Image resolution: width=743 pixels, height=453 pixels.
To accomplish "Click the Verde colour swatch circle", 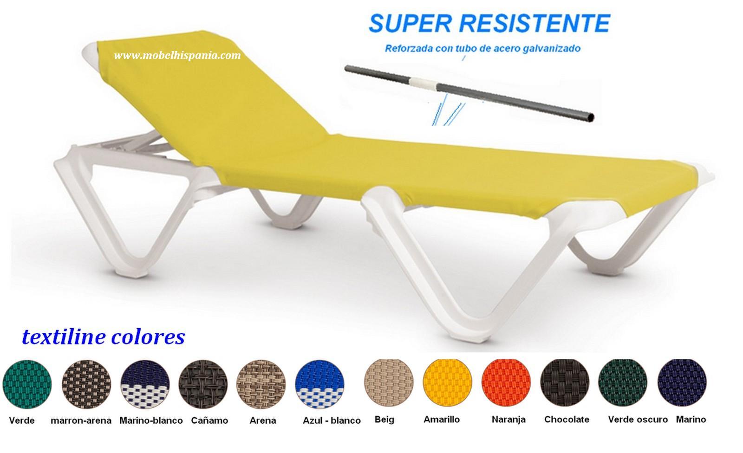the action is click(27, 384).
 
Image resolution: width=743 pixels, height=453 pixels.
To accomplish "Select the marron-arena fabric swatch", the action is click(86, 384).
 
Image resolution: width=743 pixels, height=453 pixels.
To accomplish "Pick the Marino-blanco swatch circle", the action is click(145, 384).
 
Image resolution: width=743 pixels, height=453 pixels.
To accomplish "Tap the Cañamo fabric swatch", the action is click(203, 384).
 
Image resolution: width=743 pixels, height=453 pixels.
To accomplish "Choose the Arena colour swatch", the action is click(261, 384).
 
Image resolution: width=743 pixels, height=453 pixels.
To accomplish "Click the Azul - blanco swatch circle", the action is click(320, 384).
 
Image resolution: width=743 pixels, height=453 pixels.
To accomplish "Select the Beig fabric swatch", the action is click(389, 383).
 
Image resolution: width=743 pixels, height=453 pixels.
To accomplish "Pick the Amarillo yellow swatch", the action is click(448, 383).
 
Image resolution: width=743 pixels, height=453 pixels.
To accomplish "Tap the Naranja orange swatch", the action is click(506, 383).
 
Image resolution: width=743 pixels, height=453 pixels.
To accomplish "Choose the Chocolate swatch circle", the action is click(565, 383).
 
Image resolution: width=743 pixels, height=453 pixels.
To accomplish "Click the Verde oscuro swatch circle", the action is click(623, 383).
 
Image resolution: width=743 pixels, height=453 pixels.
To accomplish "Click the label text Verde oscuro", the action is click(638, 420).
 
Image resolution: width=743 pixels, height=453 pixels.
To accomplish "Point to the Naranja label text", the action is click(508, 420).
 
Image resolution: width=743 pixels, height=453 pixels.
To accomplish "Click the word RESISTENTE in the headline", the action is click(534, 23).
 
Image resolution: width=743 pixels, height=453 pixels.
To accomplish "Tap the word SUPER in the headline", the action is click(410, 23).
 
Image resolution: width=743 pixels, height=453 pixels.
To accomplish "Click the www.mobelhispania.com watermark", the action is click(177, 55).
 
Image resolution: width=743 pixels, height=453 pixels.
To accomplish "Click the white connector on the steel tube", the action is click(423, 83).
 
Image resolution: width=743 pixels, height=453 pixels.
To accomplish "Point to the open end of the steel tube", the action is click(590, 117).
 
